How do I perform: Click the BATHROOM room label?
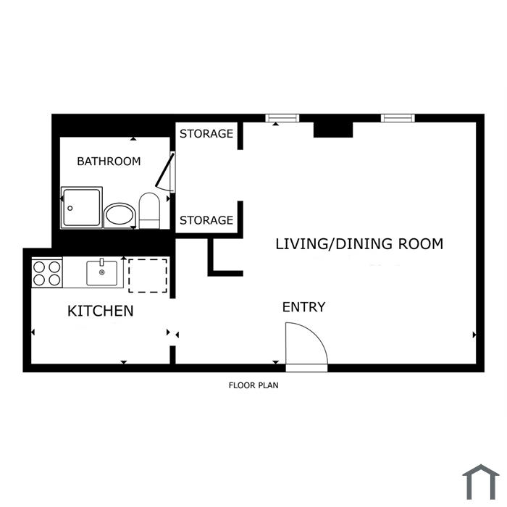(x=109, y=161)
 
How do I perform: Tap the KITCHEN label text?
(x=100, y=311)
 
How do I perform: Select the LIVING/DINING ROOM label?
(x=359, y=244)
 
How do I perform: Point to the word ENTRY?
(x=303, y=307)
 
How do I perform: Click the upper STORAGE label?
(x=206, y=133)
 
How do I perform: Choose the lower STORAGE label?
(x=206, y=220)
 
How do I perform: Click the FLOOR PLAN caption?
(x=253, y=385)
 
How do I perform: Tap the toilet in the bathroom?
(x=149, y=211)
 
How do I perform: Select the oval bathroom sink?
(x=120, y=215)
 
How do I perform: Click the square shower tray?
(x=81, y=208)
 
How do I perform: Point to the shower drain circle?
(x=70, y=209)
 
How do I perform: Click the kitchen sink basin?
(x=102, y=273)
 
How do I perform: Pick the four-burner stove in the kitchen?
(x=47, y=274)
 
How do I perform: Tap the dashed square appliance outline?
(x=148, y=275)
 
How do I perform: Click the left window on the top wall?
(x=282, y=118)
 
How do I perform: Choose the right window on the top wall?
(x=398, y=118)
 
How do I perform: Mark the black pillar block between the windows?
(x=333, y=130)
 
